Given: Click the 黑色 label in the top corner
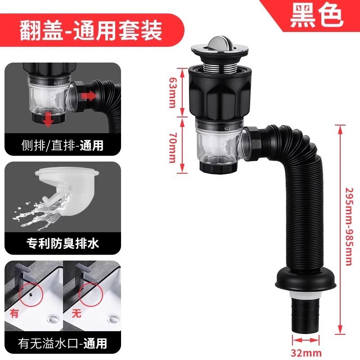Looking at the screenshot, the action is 317,16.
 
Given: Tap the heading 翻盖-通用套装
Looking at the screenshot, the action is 91,30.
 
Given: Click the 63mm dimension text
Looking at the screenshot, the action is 172,92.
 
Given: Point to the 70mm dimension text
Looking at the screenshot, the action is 172,148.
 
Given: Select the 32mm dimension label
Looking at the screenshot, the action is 306,353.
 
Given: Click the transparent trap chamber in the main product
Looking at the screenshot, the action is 218,144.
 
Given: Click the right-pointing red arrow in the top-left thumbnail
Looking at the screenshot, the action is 88,95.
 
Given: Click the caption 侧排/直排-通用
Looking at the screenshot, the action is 62,145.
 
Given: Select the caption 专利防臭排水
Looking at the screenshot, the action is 63,243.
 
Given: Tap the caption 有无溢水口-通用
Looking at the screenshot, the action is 63,343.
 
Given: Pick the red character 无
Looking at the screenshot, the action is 76,313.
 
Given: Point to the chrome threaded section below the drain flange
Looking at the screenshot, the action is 220,68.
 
